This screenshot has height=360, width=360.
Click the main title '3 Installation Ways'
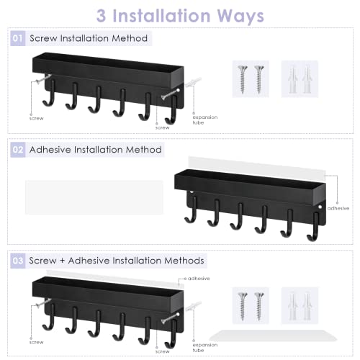point(180,15)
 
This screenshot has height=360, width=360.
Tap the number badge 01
point(18,38)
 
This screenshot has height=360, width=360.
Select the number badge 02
point(18,150)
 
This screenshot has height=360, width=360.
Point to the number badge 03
point(18,260)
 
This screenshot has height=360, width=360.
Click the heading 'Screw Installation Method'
point(89,38)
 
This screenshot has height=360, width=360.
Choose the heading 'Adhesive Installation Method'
point(95,150)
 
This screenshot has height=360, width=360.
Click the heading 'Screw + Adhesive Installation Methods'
point(117,260)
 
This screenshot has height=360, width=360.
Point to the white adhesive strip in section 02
point(94,197)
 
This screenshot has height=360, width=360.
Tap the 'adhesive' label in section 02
point(338,208)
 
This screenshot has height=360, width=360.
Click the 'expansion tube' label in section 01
point(199,120)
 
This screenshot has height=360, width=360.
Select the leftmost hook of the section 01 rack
point(48,100)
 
